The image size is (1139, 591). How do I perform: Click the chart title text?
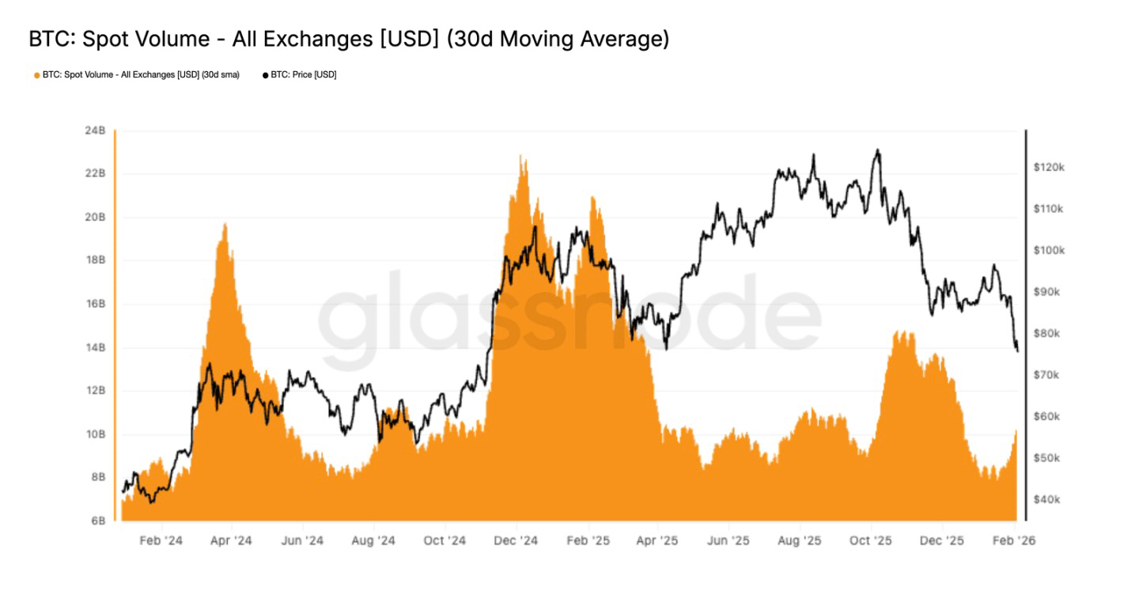[349, 39]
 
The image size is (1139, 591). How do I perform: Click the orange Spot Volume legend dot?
[36, 75]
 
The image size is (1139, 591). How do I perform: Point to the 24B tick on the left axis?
[95, 131]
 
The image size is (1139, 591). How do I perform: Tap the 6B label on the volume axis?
[97, 521]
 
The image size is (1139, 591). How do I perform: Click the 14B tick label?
[95, 347]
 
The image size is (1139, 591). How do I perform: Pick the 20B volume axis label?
[95, 218]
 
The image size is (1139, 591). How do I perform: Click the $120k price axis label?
[1049, 167]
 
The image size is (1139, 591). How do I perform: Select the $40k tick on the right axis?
[1046, 499]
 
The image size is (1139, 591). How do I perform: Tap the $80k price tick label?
[1046, 333]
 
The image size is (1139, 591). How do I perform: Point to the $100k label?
[1049, 250]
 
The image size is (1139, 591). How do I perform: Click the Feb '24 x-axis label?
[161, 541]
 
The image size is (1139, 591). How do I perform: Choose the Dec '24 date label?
[516, 541]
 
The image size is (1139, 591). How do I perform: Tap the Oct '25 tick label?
[870, 541]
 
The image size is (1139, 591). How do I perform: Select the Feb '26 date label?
[1013, 541]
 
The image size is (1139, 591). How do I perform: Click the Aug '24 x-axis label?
[373, 541]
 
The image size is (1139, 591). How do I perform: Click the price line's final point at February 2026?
[1017, 351]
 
